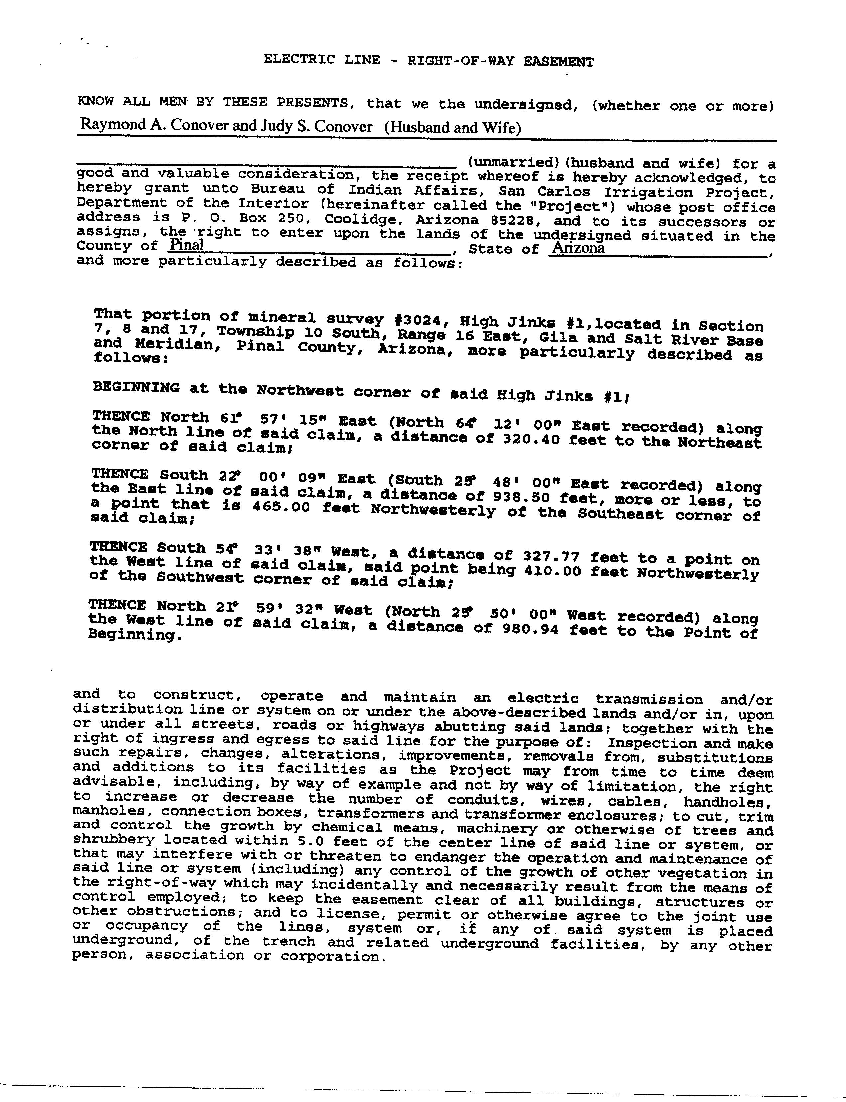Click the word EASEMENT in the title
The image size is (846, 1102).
pos(559,62)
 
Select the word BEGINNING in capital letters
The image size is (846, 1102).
pos(136,388)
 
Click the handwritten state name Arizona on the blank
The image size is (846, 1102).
pos(578,248)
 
